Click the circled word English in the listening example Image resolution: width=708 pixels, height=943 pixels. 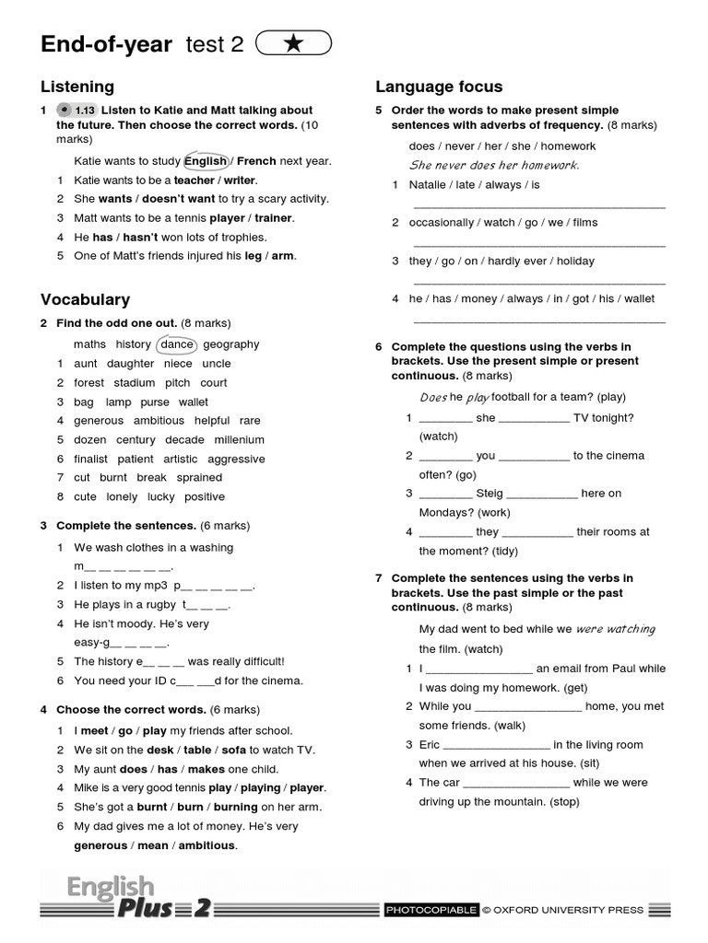click(x=206, y=161)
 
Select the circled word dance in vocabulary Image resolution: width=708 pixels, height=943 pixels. click(x=177, y=344)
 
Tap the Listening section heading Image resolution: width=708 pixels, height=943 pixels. click(x=77, y=87)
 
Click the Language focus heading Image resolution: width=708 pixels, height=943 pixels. click(x=439, y=87)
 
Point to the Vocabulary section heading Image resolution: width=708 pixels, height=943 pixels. click(x=85, y=299)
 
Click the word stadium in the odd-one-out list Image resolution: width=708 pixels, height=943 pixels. click(x=135, y=383)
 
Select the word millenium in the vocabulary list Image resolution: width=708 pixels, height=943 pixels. click(x=240, y=440)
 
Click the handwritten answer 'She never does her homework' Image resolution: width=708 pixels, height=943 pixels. click(x=494, y=166)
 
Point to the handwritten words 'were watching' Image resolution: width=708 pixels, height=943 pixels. click(x=615, y=630)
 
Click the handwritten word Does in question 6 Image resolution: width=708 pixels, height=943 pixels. click(x=432, y=398)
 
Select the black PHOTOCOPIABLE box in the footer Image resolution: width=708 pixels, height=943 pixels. click(x=431, y=911)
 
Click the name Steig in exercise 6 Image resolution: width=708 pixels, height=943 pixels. click(x=490, y=494)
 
